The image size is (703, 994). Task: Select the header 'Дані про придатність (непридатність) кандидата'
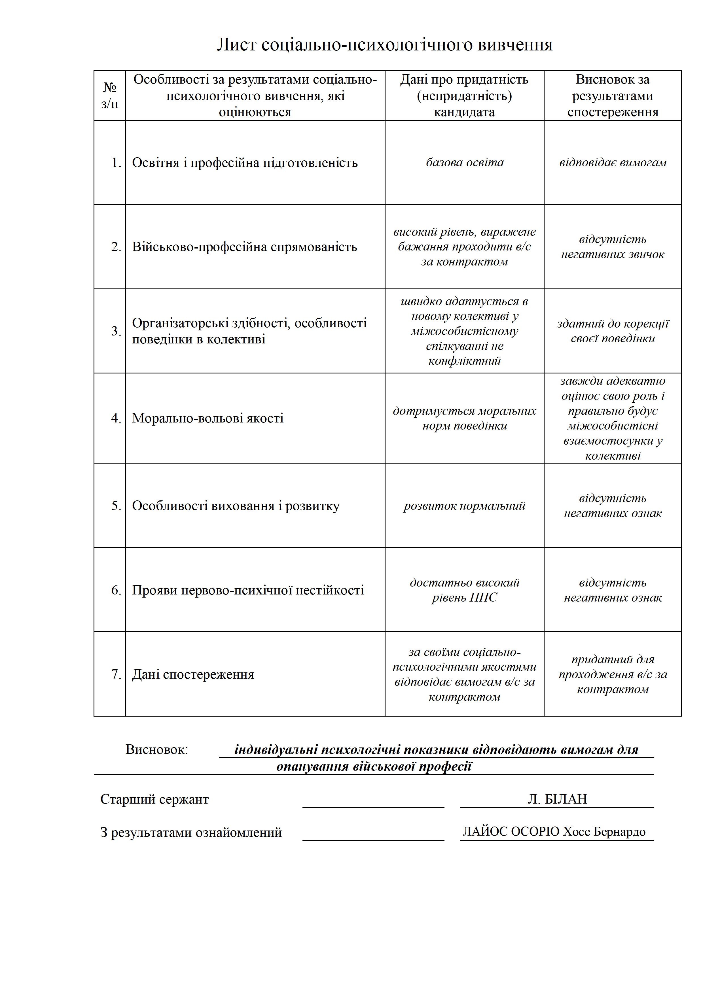(x=464, y=96)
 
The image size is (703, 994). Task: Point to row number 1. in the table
(x=116, y=163)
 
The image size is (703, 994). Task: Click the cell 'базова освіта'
(x=464, y=162)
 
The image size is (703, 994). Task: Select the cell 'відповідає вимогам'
(x=613, y=162)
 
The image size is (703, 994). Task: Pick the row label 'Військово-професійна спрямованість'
(x=244, y=247)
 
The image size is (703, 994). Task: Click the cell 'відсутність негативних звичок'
(x=613, y=247)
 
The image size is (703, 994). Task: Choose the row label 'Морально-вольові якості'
(x=207, y=418)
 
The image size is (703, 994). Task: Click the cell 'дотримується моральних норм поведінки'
(x=464, y=418)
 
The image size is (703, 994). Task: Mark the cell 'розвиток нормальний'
(x=464, y=506)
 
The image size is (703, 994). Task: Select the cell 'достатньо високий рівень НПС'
(x=464, y=590)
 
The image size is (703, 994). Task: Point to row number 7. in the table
(x=116, y=674)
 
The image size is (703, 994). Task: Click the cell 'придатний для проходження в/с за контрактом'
(x=613, y=674)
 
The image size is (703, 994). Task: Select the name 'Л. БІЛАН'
(x=557, y=799)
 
